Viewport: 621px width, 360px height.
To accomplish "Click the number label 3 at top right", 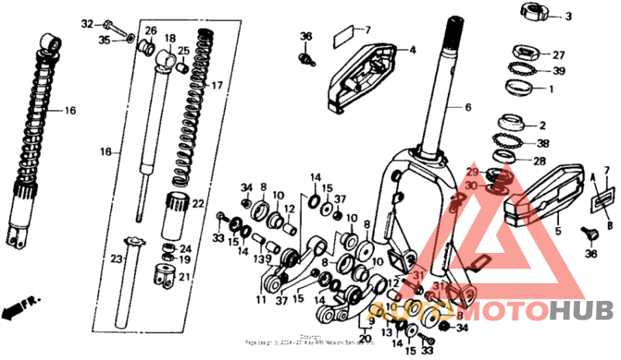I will pos(568,16).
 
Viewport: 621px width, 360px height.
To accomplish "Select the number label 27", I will pos(558,55).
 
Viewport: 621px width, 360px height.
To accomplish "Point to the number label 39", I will pos(558,71).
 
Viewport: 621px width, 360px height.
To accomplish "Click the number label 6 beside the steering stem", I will pos(468,108).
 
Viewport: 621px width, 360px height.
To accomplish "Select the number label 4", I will pos(412,50).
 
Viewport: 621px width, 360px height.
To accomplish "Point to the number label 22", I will pos(198,204).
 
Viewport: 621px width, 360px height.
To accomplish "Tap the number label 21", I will pos(184,277).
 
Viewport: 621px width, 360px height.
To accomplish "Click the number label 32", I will pos(87,23).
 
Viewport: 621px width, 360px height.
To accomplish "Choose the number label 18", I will pos(170,37).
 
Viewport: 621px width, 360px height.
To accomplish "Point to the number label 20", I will pos(365,337).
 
